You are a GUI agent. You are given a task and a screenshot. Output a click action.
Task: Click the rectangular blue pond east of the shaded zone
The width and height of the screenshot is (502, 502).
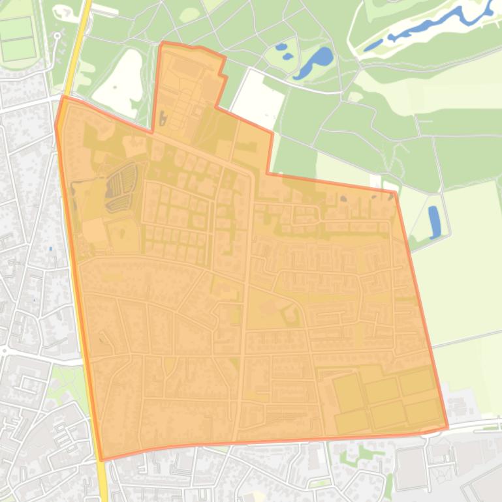pyautogui.click(x=434, y=222)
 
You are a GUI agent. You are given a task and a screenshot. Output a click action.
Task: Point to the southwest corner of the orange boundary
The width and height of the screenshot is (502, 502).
pyautogui.click(x=102, y=460)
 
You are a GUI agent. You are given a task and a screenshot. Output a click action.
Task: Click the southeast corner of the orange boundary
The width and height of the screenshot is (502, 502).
pyautogui.click(x=448, y=428)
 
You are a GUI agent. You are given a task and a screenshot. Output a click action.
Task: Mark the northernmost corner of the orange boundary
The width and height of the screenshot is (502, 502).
pyautogui.click(x=162, y=43)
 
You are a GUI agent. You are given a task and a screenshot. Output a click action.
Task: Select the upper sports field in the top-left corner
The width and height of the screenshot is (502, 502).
pyautogui.click(x=17, y=28)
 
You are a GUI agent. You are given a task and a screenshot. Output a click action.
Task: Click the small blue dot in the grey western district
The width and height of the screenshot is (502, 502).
pyautogui.click(x=50, y=249)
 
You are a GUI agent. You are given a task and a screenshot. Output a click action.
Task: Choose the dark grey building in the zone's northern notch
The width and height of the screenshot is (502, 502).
pyautogui.click(x=163, y=118)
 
